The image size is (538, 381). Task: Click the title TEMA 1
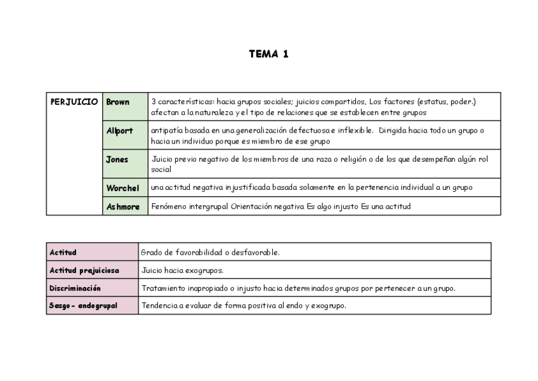pyautogui.click(x=268, y=54)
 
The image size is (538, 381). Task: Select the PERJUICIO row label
pyautogui.click(x=74, y=102)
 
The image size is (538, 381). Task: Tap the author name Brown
pyautogui.click(x=118, y=102)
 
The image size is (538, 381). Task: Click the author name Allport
pyautogui.click(x=119, y=131)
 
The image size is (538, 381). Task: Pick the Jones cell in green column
pyautogui.click(x=117, y=159)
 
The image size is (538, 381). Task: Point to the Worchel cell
pyautogui.click(x=122, y=188)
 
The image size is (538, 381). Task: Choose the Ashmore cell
pyautogui.click(x=122, y=206)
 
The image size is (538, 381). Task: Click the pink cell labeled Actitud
pyautogui.click(x=63, y=252)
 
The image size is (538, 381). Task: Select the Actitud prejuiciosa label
pyautogui.click(x=84, y=270)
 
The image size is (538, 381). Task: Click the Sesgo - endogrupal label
pyautogui.click(x=83, y=305)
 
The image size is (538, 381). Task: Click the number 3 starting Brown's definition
pyautogui.click(x=154, y=102)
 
